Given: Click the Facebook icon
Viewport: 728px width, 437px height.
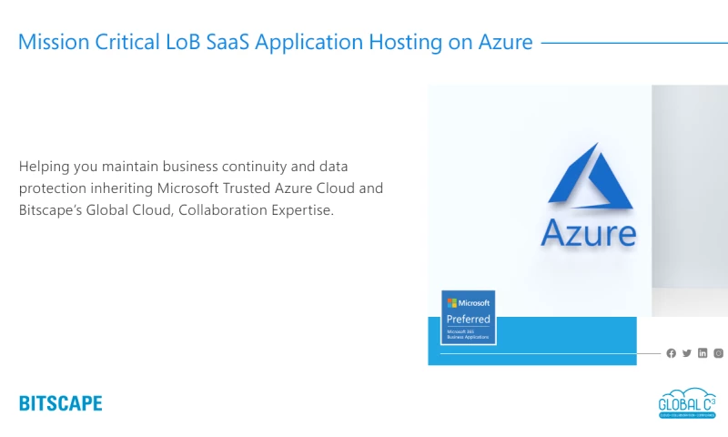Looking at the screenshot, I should pos(672,353).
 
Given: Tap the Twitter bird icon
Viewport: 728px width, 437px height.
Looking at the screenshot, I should pos(687,353).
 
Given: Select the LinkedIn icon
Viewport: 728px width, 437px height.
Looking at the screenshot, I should pos(703,353).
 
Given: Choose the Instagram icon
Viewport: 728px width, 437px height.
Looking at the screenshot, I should pos(718,353).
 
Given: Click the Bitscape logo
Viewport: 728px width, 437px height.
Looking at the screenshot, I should pos(60,403).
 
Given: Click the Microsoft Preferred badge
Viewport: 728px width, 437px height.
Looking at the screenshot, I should pos(468,318).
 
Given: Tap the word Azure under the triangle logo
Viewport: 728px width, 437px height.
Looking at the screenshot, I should pos(588,233).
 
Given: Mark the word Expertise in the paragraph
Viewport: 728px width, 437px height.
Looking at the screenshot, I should pos(297,210).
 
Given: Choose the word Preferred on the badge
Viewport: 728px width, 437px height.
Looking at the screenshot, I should pos(468,320).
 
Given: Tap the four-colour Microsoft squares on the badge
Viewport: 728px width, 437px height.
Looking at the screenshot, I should pos(451,302).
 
